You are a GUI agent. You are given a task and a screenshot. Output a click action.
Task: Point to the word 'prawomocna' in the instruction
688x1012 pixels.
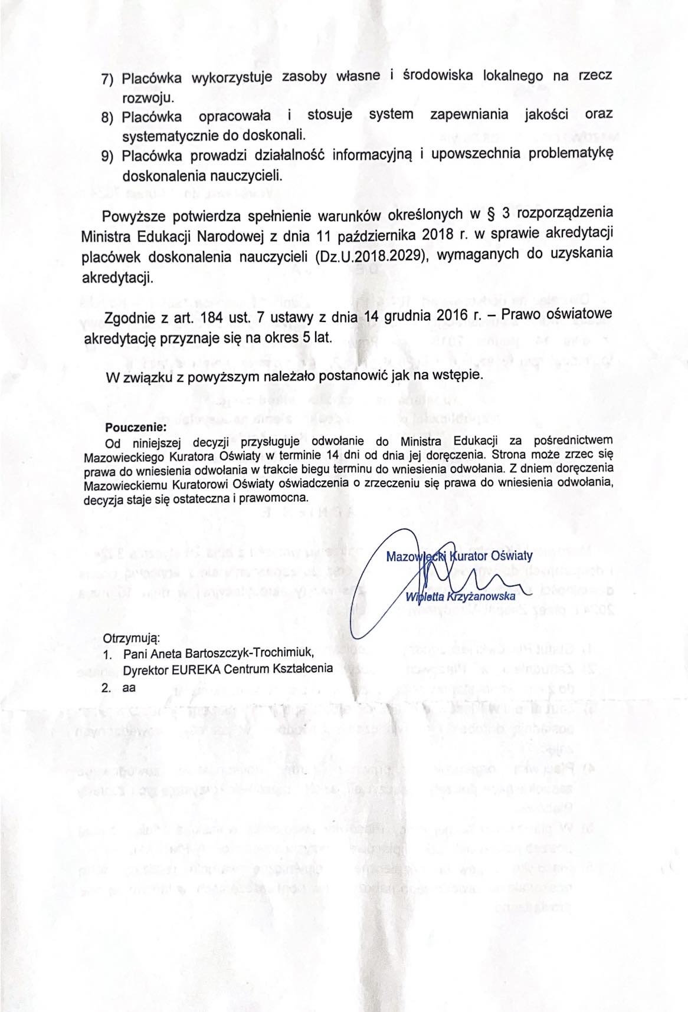281,498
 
